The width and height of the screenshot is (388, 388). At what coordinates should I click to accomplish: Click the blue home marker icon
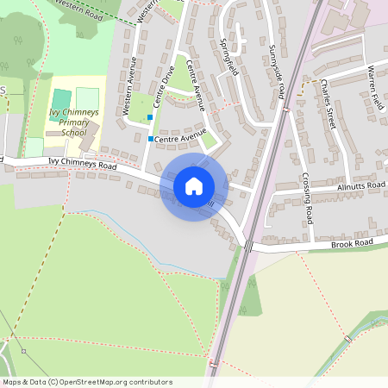pyautogui.click(x=193, y=186)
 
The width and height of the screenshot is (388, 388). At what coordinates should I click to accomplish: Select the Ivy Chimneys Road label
pyautogui.click(x=82, y=163)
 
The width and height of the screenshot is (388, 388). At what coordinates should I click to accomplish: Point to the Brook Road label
pyautogui.click(x=352, y=245)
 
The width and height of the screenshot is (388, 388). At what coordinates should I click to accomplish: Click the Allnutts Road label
pyautogui.click(x=361, y=185)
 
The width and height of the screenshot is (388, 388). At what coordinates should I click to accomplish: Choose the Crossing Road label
pyautogui.click(x=308, y=197)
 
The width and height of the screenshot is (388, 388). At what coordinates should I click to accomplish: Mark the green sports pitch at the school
pyautogui.click(x=61, y=98)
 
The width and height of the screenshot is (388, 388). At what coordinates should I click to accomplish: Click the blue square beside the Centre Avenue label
pyautogui.click(x=151, y=138)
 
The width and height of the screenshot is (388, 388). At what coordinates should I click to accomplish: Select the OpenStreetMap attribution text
pyautogui.click(x=87, y=381)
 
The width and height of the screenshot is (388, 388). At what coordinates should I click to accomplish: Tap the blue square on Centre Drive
pyautogui.click(x=151, y=116)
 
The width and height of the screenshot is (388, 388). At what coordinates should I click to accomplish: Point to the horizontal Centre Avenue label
pyautogui.click(x=181, y=137)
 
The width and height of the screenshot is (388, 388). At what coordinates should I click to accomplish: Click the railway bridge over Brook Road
pyautogui.click(x=248, y=246)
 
